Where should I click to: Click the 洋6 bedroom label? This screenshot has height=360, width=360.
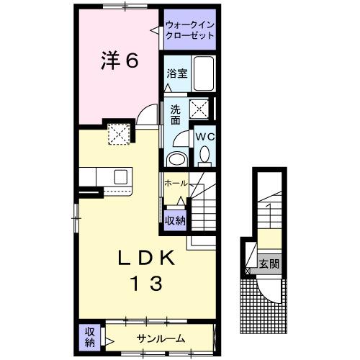coord(118,61)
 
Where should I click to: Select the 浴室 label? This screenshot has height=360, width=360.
coord(177,73)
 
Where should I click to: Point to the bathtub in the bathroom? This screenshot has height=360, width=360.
coord(203,75)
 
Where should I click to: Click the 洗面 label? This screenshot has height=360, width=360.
coord(176,115)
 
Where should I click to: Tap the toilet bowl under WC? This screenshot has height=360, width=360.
coord(204,153)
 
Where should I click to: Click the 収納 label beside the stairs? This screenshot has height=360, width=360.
coord(175,221)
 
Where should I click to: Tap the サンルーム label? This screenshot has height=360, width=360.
coord(161,338)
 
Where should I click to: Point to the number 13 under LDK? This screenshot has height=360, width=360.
coord(145,283)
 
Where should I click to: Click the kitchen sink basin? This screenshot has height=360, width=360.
coord(120,176)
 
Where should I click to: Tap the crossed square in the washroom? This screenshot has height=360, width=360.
coord(198,109)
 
